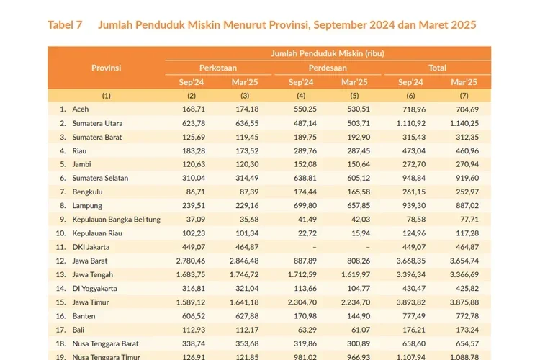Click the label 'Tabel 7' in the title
tap(65, 25)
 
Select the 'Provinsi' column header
tap(106, 68)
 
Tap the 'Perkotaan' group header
tap(218, 68)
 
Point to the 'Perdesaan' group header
tap(328, 68)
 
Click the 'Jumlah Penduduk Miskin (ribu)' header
tap(328, 53)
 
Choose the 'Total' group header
tap(437, 68)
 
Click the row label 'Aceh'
tap(81, 109)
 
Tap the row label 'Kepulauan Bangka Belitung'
tap(117, 220)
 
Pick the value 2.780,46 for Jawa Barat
tap(191, 261)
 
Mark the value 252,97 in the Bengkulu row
tap(464, 192)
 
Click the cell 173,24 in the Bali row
tap(464, 329)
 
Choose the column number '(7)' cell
tap(464, 95)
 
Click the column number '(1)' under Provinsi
tap(106, 95)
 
